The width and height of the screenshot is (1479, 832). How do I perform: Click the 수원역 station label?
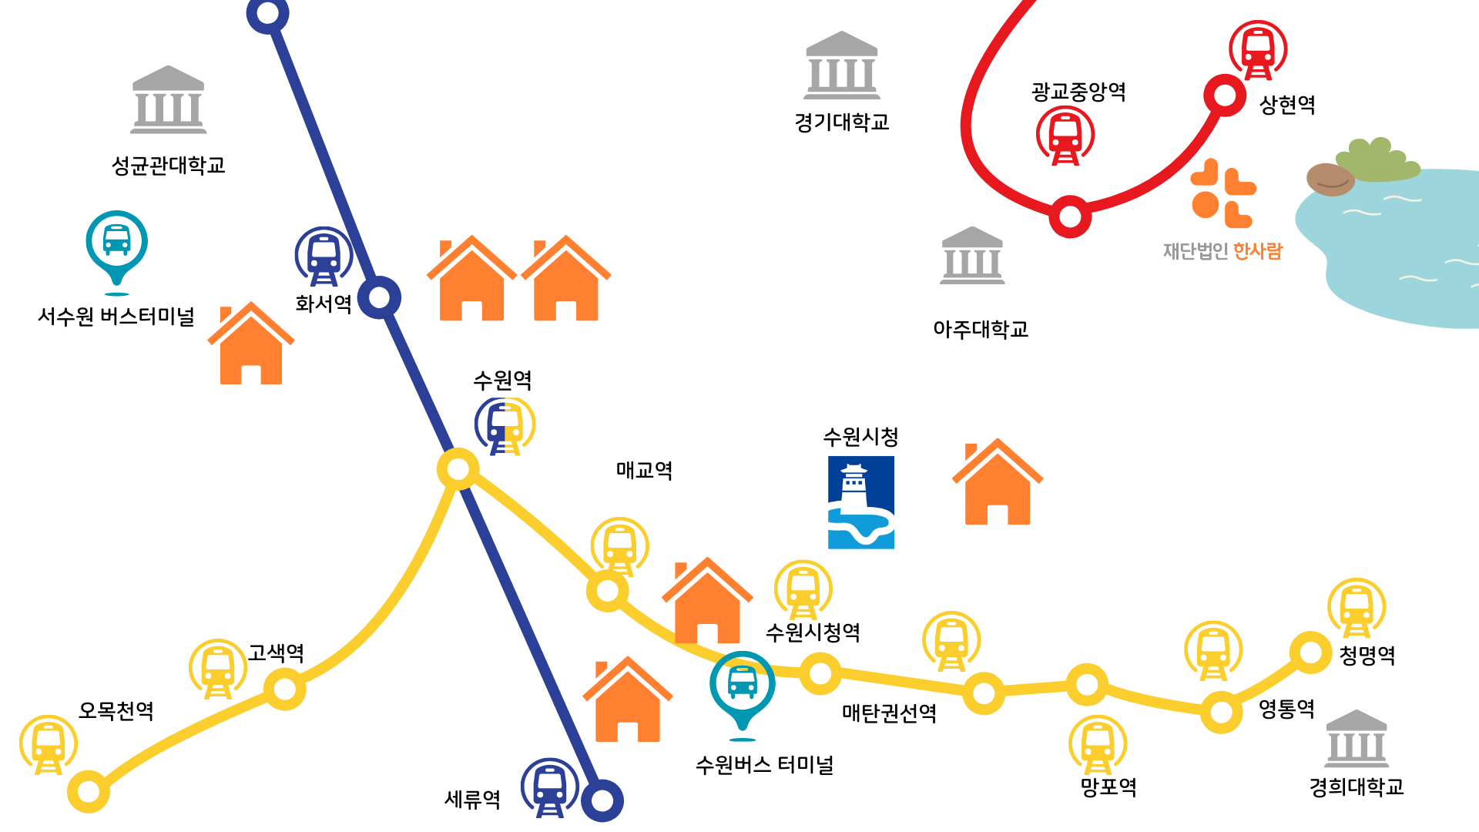[502, 380]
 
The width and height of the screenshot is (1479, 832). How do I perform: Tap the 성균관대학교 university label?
[168, 166]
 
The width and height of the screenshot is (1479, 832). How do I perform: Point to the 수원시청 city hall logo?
[861, 502]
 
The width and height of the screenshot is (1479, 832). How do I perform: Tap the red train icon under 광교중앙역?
[1065, 136]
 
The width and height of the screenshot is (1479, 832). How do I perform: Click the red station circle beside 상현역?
[1224, 96]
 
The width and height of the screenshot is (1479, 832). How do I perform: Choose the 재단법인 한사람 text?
[1222, 251]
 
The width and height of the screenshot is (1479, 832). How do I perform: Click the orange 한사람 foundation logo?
[1223, 193]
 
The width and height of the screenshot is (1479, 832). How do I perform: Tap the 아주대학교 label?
[981, 330]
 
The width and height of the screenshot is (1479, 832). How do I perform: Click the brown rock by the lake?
[1330, 179]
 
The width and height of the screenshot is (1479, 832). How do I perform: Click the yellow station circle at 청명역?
[1310, 653]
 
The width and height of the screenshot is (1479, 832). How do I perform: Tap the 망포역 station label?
[1108, 787]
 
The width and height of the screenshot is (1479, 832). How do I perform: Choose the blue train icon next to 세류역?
[549, 787]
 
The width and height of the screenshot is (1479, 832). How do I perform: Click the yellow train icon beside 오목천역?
[49, 745]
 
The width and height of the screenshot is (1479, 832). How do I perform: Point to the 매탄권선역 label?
[889, 713]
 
